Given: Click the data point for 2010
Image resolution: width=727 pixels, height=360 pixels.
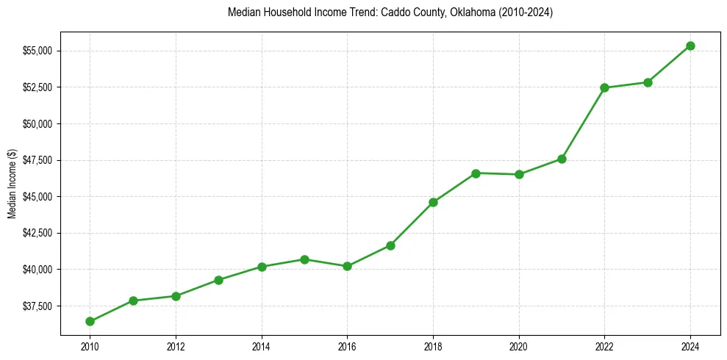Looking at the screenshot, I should [90, 321].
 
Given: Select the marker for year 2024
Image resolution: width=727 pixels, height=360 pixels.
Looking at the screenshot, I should [690, 46].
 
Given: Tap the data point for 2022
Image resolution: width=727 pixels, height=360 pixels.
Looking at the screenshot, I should [604, 87].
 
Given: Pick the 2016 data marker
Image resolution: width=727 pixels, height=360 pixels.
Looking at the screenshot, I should [347, 266].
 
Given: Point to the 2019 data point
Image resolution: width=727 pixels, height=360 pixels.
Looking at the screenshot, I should [476, 173].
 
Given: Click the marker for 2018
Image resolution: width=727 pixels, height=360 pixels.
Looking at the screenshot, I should [433, 202].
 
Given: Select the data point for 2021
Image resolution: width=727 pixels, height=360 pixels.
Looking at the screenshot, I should [562, 159].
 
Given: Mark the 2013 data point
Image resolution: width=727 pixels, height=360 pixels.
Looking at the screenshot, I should [218, 280].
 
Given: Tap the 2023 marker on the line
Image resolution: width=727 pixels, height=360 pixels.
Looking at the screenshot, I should [648, 82].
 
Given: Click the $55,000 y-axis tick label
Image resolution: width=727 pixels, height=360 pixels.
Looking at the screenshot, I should [37, 51].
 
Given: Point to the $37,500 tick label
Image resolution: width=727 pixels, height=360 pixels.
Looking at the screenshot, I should [37, 306].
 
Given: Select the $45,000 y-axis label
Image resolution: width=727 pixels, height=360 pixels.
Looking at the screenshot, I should [37, 196].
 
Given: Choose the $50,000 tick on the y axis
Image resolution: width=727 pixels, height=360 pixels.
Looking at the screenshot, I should [37, 123].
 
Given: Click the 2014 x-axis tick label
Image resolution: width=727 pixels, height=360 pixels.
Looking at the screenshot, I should [261, 346].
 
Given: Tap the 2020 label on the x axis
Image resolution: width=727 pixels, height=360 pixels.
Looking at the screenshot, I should [519, 346].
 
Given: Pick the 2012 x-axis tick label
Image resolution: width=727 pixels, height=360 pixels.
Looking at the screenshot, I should [176, 346].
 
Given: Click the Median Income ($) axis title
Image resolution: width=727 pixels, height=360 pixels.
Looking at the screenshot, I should [12, 184].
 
